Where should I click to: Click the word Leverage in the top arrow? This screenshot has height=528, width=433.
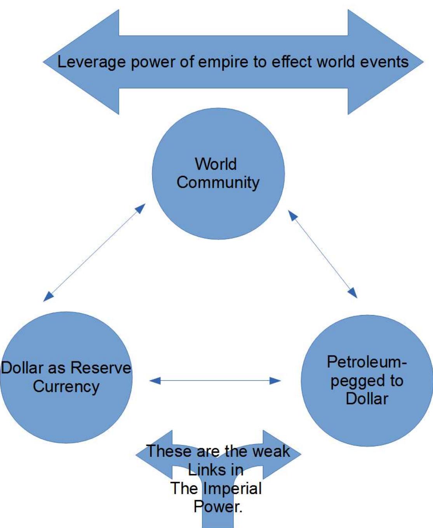point(92,62)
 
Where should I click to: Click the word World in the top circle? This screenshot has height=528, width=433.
point(216,164)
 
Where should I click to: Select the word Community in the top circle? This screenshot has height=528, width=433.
point(218,183)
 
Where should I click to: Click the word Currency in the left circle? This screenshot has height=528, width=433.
point(66,387)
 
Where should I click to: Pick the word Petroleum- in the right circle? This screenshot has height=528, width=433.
point(367,362)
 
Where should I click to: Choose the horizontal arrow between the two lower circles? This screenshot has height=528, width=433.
point(215,381)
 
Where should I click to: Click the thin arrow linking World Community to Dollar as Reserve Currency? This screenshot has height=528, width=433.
point(94,253)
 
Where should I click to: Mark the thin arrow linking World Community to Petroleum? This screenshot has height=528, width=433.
point(322,254)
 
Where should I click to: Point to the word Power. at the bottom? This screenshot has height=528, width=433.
point(217,507)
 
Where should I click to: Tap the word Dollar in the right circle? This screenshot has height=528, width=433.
point(367,399)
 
